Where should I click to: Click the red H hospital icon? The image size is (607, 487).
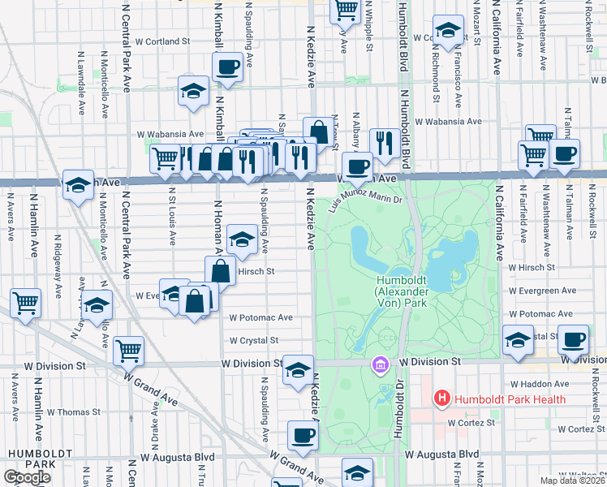442,399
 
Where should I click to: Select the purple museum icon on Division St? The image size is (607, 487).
378,366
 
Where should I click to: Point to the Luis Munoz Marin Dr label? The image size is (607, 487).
365,195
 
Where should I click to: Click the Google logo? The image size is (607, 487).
27,477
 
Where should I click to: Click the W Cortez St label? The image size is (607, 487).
471,422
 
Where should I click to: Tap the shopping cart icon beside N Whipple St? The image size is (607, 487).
346,9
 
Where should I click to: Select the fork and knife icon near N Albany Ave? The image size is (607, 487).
382,142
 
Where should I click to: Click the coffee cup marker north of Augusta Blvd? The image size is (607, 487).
303,434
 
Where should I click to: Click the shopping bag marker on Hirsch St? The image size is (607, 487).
220,269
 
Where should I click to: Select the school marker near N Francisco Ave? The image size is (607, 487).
446,30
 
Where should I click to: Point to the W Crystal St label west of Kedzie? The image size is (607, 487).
254,341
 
